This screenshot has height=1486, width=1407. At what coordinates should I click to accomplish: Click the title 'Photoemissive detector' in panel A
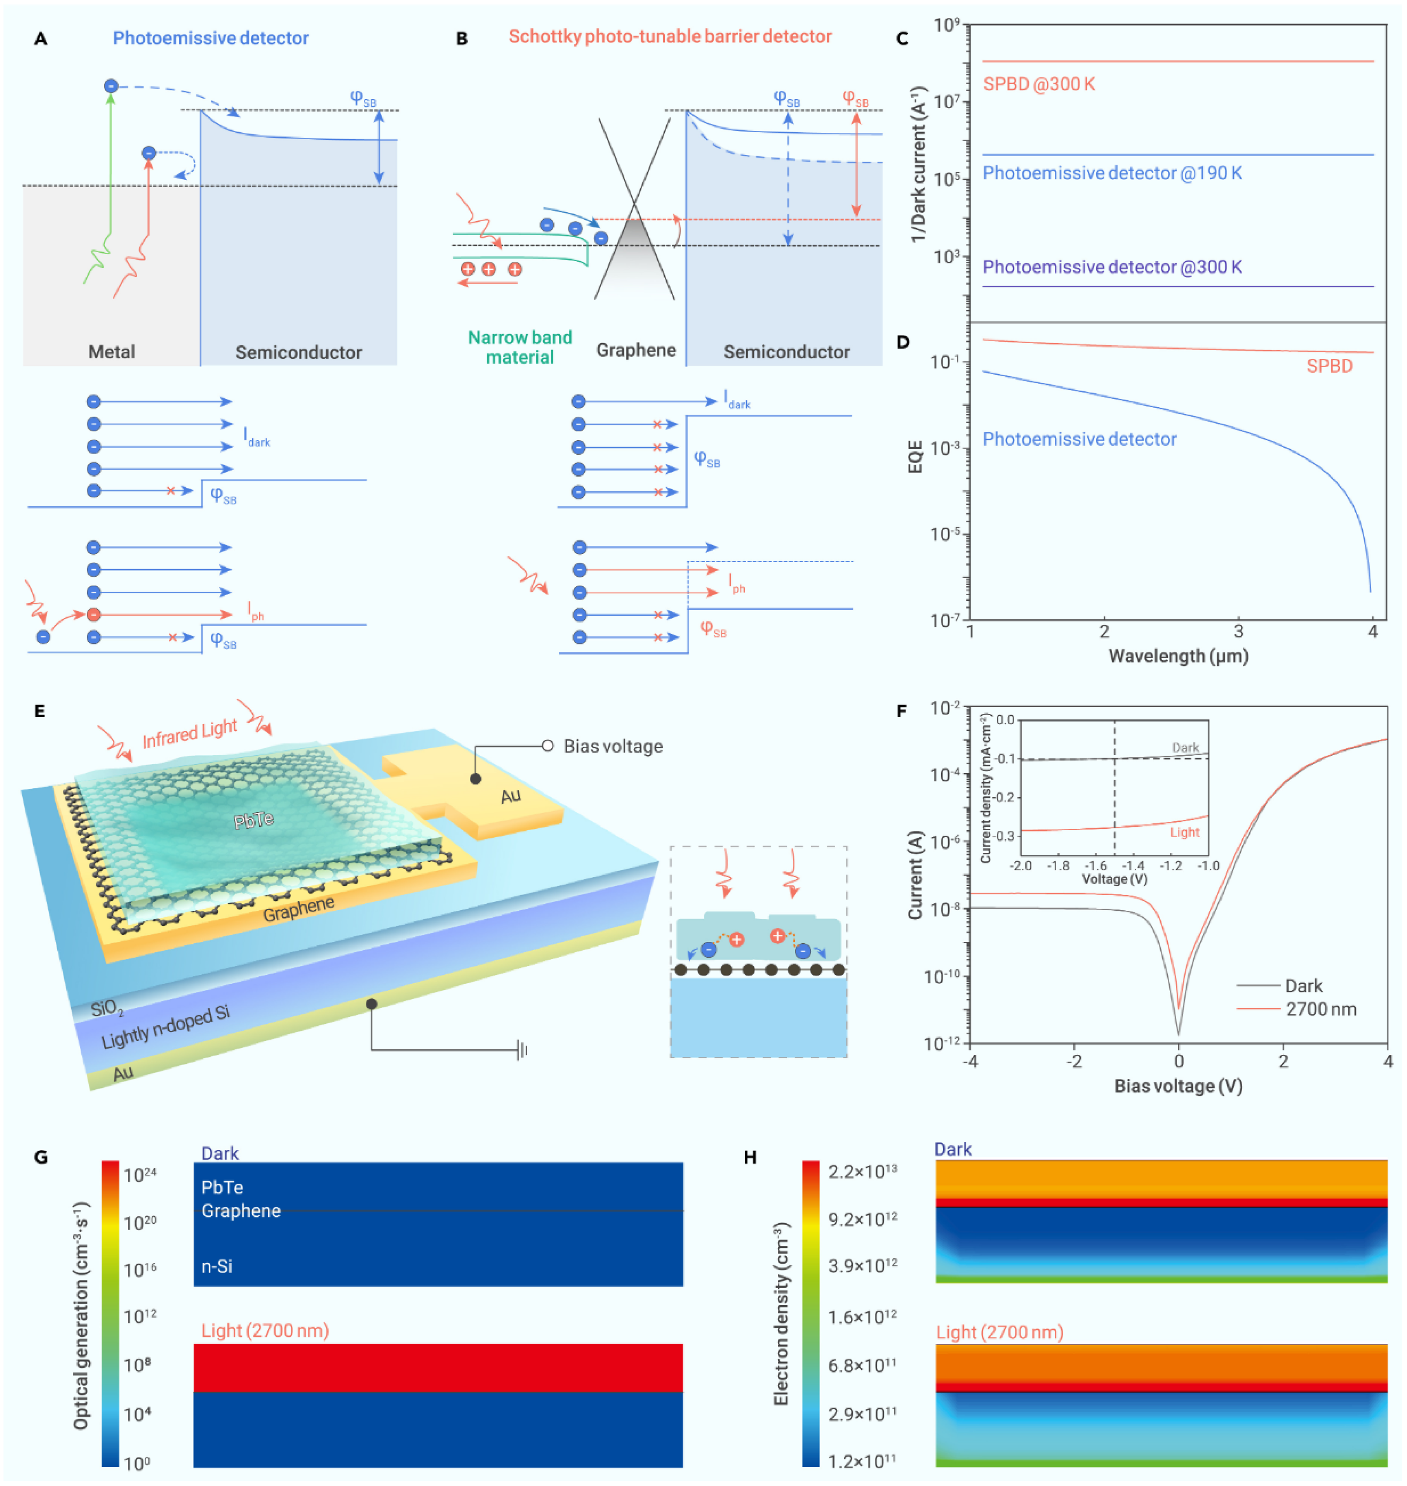pyautogui.click(x=211, y=38)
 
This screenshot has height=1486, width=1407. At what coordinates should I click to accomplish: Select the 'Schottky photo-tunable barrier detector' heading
pyautogui.click(x=670, y=37)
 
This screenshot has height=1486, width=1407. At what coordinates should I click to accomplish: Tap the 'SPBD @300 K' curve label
pyautogui.click(x=1039, y=84)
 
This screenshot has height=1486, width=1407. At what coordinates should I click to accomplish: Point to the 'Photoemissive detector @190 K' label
pyautogui.click(x=1112, y=173)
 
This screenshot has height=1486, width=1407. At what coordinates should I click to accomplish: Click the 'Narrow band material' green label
pyautogui.click(x=520, y=347)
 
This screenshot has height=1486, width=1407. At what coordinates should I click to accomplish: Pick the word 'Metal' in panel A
pyautogui.click(x=112, y=351)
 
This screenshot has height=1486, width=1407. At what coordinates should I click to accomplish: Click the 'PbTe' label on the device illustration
pyautogui.click(x=253, y=820)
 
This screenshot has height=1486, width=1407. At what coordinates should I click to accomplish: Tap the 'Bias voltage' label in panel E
pyautogui.click(x=613, y=746)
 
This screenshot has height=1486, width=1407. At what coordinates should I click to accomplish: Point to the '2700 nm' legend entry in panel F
pyautogui.click(x=1321, y=1009)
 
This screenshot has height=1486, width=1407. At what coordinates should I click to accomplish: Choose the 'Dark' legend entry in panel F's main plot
pyautogui.click(x=1304, y=986)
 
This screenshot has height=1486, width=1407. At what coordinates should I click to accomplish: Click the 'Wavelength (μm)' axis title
pyautogui.click(x=1178, y=656)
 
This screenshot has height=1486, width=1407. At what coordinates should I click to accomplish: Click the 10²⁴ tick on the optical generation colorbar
pyautogui.click(x=140, y=1175)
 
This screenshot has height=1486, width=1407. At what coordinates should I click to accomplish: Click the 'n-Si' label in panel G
pyautogui.click(x=217, y=1266)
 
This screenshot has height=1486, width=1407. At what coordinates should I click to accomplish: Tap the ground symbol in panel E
pyautogui.click(x=522, y=1050)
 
